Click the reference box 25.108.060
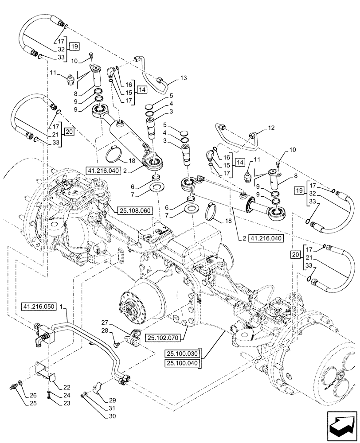[135, 210]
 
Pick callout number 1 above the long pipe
[61, 306]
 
